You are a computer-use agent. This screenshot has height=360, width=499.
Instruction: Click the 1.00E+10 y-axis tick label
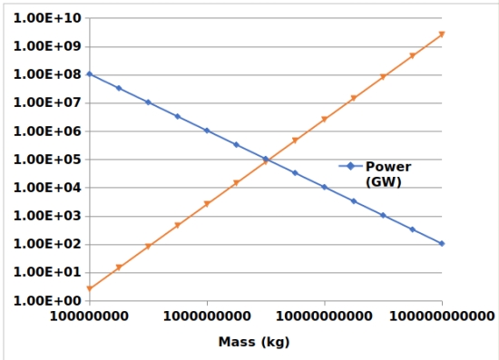tap(47, 18)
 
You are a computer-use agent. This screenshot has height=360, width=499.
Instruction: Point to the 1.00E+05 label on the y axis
tap(47, 160)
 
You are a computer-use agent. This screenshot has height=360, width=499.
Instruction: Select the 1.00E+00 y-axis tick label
tap(47, 300)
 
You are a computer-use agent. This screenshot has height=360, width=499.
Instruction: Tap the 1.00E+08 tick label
tap(47, 74)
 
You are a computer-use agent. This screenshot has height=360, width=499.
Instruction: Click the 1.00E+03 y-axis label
tap(47, 216)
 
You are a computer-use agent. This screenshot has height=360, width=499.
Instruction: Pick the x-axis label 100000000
tap(89, 316)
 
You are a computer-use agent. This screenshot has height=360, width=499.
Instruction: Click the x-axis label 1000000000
tap(207, 316)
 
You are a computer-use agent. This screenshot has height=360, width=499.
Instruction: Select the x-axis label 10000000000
tap(324, 316)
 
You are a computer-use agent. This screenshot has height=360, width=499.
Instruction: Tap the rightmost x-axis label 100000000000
tap(442, 316)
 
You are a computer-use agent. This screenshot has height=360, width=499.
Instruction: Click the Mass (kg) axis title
tap(254, 342)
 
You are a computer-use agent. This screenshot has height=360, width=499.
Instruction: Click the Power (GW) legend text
tap(388, 174)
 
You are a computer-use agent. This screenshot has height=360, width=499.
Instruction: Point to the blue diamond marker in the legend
tap(351, 166)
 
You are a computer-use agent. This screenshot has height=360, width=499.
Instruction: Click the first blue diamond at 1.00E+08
tap(90, 74)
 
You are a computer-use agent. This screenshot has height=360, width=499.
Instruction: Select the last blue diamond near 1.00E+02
tap(442, 244)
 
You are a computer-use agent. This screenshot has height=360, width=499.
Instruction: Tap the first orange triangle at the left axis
tap(90, 288)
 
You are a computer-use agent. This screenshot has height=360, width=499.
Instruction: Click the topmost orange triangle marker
tap(442, 34)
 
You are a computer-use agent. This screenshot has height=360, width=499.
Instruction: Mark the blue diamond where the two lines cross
tap(266, 159)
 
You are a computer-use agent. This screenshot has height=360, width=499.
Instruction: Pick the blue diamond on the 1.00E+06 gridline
tap(207, 131)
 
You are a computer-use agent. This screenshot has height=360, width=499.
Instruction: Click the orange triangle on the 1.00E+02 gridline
tap(148, 246)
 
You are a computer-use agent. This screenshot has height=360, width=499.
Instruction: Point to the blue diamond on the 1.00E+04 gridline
tap(324, 187)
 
